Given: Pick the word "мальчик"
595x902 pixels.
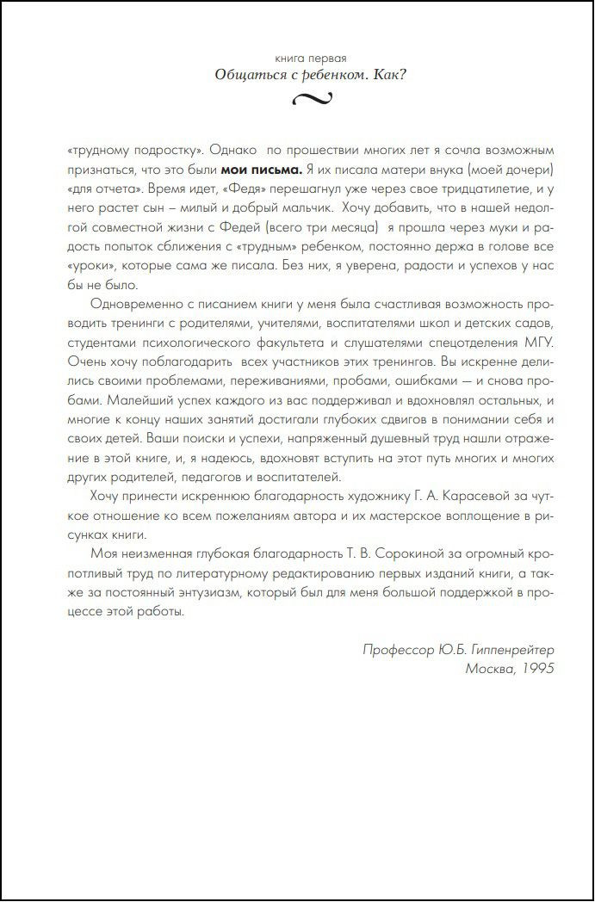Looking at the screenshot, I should click(x=301, y=208).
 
